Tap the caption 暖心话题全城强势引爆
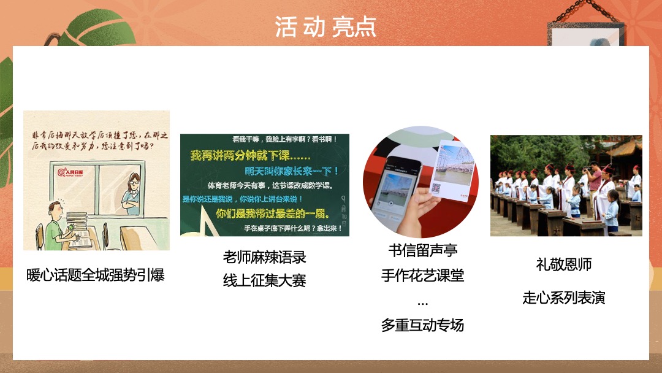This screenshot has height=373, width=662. pyautogui.click(x=96, y=275)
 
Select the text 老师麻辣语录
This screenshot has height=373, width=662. pyautogui.click(x=264, y=257)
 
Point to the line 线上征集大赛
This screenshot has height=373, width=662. pyautogui.click(x=264, y=281)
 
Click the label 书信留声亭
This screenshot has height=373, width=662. pyautogui.click(x=422, y=251)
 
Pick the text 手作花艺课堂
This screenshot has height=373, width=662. pyautogui.click(x=422, y=275)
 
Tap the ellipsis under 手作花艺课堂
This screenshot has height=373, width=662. pyautogui.click(x=422, y=302)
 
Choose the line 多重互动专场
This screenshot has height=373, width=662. pyautogui.click(x=422, y=325)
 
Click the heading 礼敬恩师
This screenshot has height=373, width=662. pyautogui.click(x=563, y=265)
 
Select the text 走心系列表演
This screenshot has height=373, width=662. pyautogui.click(x=563, y=298)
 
